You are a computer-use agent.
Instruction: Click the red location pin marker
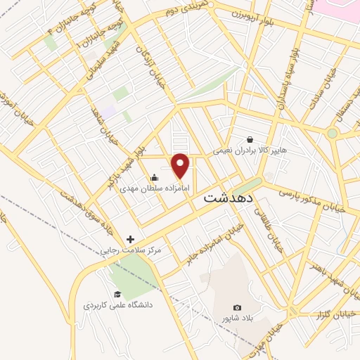click(181, 165)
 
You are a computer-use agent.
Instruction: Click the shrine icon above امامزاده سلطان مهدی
click(155, 177)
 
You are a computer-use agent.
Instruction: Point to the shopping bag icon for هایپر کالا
click(250, 139)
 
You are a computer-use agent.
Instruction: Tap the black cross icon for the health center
click(130, 239)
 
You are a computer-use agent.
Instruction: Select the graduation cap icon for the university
click(117, 294)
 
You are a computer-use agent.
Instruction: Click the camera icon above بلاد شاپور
click(237, 307)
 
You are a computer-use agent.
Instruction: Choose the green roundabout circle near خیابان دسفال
click(332, 132)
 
